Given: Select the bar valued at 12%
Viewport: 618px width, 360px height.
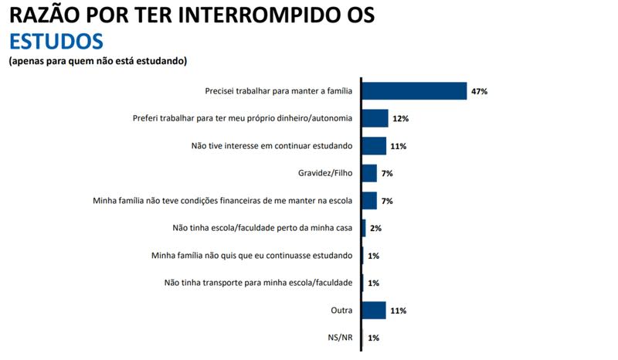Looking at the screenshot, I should tap(374, 118).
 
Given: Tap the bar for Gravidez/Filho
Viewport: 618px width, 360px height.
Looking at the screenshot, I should tap(368, 173).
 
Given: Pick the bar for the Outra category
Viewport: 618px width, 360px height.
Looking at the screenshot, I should tap(373, 311).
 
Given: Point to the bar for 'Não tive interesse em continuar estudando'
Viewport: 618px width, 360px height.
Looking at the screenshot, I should tap(373, 146).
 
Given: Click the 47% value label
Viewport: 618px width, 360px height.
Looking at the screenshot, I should tap(480, 91).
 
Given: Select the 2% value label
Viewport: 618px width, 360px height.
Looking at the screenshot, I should tap(375, 229).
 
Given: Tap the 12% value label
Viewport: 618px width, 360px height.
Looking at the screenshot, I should tap(400, 119).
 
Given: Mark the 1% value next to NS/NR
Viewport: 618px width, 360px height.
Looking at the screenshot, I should tap(373, 338).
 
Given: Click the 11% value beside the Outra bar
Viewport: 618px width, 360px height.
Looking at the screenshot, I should tap(398, 311).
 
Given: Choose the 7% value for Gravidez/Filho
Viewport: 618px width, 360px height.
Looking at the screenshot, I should tap(387, 174).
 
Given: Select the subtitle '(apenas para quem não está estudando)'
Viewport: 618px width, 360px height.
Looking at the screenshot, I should tap(98, 60).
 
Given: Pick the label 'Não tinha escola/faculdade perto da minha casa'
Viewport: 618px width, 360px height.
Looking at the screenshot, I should tap(262, 229).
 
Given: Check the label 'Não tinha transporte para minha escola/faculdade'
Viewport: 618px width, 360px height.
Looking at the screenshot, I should tap(259, 283).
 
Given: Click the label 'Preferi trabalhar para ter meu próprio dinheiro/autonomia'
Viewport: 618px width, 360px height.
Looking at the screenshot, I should tap(243, 119).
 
